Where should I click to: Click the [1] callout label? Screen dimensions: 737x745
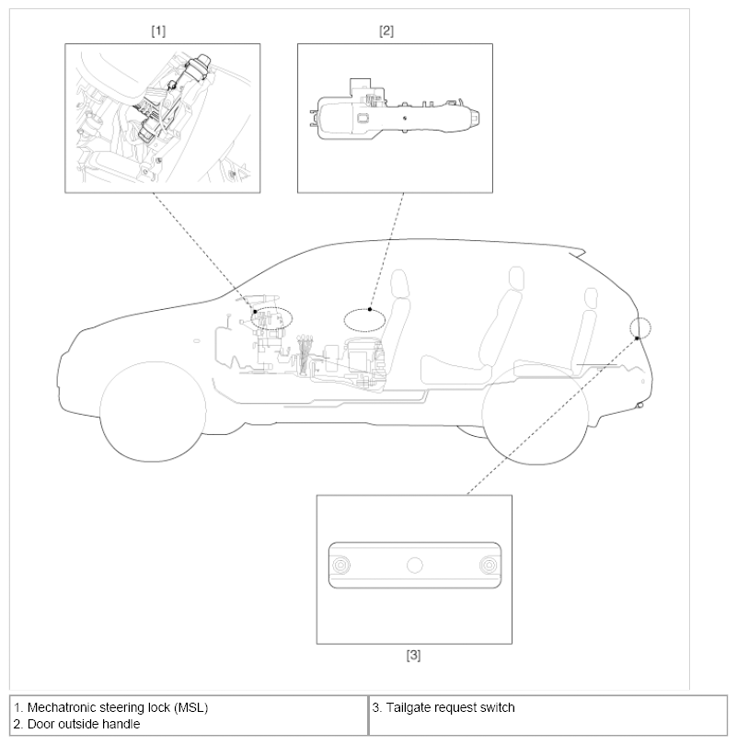(158, 31)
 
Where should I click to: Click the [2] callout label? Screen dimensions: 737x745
(386, 31)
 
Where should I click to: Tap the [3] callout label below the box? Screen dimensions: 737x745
(413, 655)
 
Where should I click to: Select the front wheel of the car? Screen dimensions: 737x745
(153, 411)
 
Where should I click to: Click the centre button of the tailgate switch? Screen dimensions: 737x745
(415, 566)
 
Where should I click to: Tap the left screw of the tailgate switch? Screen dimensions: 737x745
(340, 566)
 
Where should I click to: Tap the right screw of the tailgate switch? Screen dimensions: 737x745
(489, 566)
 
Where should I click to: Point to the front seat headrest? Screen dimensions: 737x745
(400, 283)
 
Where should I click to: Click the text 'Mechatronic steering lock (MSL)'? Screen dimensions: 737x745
(118, 707)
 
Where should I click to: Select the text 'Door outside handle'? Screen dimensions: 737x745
(84, 724)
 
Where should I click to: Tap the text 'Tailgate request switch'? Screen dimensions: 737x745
(451, 707)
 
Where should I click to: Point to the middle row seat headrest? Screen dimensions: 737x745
(516, 278)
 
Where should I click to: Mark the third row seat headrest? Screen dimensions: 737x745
(591, 298)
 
